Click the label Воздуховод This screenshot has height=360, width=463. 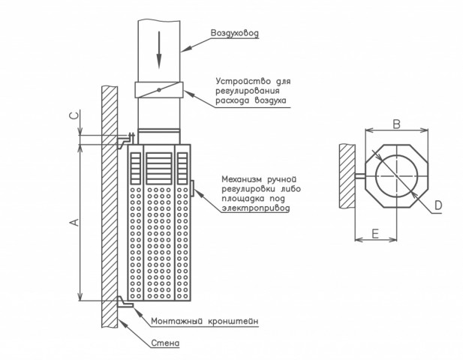point(235,33)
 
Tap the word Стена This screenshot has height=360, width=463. point(165,343)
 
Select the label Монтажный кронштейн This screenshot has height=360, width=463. point(205,321)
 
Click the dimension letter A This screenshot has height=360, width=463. point(75,222)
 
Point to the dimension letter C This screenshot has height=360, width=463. point(75,115)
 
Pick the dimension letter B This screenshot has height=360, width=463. point(396,124)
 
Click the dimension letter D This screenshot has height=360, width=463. point(438,205)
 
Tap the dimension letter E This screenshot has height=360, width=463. point(375,234)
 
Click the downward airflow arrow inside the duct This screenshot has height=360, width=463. point(159,50)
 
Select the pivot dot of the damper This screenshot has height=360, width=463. point(159,90)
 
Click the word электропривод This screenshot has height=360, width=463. point(256,208)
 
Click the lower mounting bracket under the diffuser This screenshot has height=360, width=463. point(125,302)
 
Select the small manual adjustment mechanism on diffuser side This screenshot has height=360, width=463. point(192,188)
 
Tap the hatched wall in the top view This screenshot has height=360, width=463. point(347,175)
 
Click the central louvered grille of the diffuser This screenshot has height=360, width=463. point(159,169)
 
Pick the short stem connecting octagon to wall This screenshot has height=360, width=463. point(360,176)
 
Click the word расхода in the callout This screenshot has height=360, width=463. point(232,100)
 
